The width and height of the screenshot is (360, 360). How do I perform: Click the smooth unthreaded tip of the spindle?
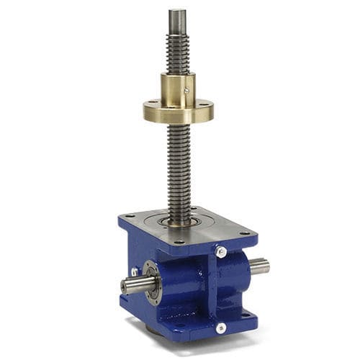(x=176, y=21)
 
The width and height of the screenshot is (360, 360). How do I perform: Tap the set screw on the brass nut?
(x=187, y=91)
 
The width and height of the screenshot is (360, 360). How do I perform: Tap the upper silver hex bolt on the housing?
(x=221, y=252)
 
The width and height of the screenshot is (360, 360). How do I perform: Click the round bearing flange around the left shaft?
(x=152, y=282)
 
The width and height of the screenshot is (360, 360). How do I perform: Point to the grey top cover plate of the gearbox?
(x=216, y=227)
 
